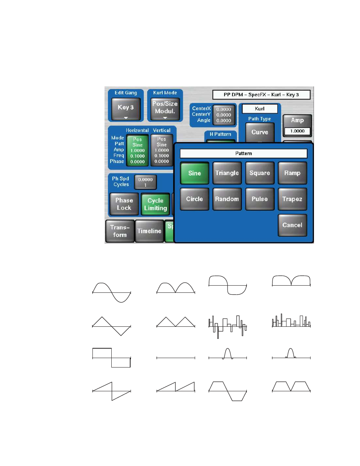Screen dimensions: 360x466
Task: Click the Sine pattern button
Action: point(194,173)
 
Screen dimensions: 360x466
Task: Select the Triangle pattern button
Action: point(227,173)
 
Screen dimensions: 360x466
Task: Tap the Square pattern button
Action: point(260,173)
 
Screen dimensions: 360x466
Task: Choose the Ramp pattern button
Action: point(292,173)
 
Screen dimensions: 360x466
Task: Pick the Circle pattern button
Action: point(194,199)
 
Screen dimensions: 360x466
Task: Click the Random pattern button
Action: point(227,199)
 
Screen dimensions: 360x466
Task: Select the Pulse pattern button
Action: point(260,199)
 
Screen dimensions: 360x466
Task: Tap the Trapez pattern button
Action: point(292,199)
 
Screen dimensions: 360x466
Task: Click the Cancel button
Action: point(292,225)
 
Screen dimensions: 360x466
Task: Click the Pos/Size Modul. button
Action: point(165,109)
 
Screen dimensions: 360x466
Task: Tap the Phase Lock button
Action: point(124,204)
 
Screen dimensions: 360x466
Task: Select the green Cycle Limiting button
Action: point(155,204)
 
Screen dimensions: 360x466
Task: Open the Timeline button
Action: point(149,231)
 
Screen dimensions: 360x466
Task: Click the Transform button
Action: point(120,231)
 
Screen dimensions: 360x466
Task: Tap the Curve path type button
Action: point(260,132)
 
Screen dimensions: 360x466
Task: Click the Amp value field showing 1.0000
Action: point(297,131)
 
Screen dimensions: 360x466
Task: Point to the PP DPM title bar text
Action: point(261,95)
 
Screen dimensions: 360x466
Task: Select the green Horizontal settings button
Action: point(137,150)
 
